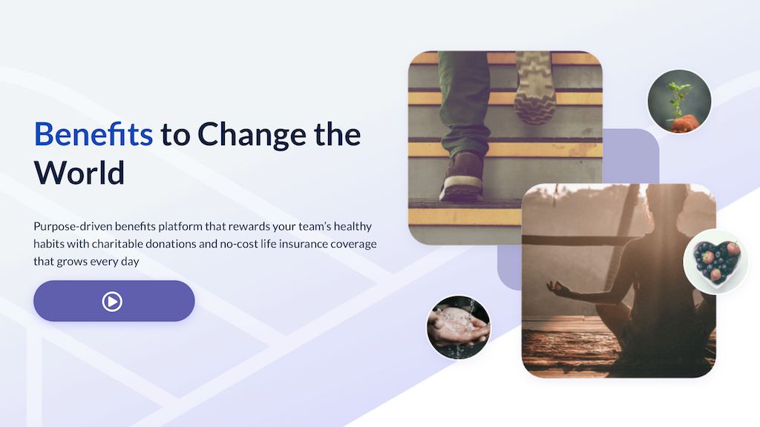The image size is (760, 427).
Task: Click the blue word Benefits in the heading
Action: [93, 134]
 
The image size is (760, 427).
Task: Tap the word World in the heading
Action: [79, 173]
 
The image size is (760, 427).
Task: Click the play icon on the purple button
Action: [112, 301]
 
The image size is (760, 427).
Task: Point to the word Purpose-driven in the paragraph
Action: [73, 227]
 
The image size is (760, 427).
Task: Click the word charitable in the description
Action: [117, 243]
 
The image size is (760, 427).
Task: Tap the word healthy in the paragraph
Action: [353, 227]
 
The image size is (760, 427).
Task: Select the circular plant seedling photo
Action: [679, 101]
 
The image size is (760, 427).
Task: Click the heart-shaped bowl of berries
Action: [715, 262]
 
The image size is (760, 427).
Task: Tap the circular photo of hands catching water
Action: [459, 327]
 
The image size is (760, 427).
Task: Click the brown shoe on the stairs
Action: [462, 176]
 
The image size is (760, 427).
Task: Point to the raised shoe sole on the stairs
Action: [534, 87]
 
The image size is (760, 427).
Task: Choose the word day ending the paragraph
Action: [130, 262]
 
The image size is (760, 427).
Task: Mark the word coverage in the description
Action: [353, 244]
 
